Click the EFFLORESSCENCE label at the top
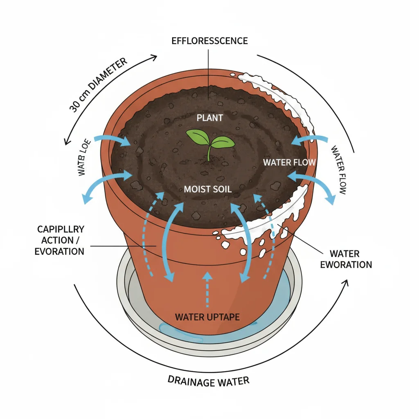[210, 41]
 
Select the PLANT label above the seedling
[210, 118]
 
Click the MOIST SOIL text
[208, 189]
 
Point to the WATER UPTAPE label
[207, 317]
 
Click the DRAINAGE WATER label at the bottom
[208, 380]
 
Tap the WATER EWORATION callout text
[346, 259]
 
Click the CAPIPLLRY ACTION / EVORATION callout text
[60, 240]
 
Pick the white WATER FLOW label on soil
[289, 162]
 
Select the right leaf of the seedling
[223, 142]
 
